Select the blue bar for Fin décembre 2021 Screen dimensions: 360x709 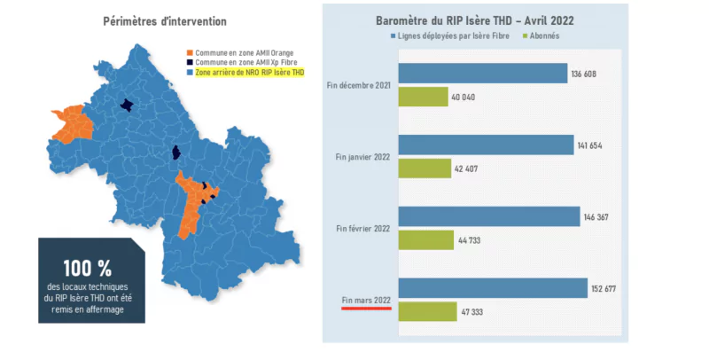[x=483, y=73]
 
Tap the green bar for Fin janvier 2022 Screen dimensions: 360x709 [x=425, y=168]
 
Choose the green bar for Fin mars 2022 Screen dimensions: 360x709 [x=427, y=311]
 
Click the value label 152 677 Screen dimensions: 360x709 [x=606, y=289]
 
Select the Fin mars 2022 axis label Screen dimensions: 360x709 [x=366, y=301]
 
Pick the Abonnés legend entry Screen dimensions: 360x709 [x=541, y=36]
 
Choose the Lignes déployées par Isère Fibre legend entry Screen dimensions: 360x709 [x=451, y=36]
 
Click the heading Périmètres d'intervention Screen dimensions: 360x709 [x=164, y=20]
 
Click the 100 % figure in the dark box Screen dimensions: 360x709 [x=87, y=267]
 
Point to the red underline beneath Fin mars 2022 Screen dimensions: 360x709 [x=366, y=309]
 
